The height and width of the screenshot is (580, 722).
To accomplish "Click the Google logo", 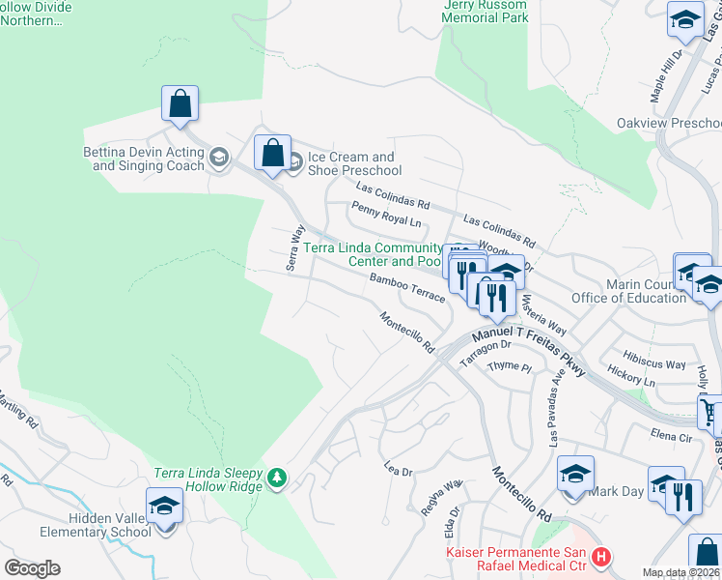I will point(32,568).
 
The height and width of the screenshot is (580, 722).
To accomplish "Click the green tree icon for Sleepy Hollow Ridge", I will point(277,478).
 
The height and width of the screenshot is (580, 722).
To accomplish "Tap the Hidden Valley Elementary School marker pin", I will point(164,507).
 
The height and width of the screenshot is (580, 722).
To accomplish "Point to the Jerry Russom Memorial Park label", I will point(485,12).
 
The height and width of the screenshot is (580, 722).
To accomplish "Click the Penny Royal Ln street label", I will point(388,215).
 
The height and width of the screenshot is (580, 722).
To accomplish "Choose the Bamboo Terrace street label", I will point(406,287).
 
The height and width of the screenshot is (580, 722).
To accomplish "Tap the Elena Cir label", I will point(672,436).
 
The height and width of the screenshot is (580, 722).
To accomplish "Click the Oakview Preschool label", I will point(669,124).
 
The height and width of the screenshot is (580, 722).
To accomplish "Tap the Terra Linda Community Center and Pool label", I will point(373,255).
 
